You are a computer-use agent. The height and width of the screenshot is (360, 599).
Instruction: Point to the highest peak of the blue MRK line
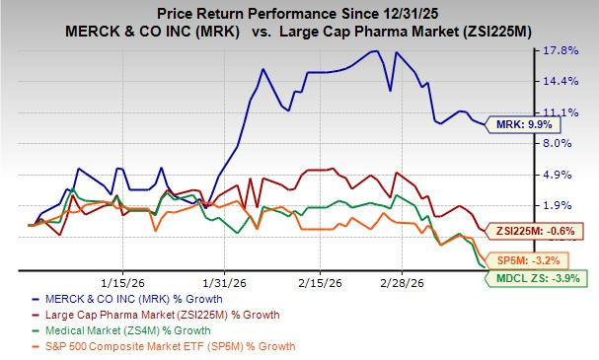(x=375, y=51)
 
